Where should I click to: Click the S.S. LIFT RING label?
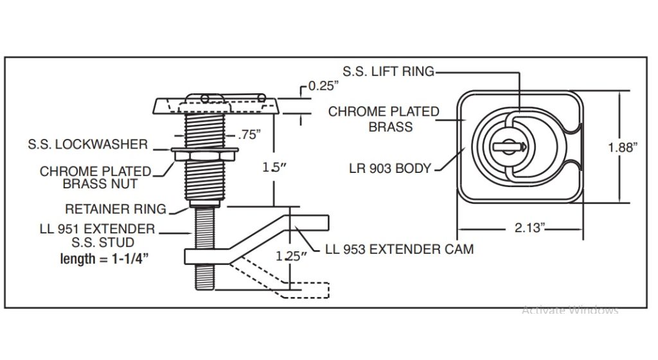click(x=388, y=72)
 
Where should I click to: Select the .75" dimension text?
click(x=249, y=135)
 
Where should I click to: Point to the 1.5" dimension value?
click(x=274, y=167)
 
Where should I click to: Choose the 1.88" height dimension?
click(x=622, y=147)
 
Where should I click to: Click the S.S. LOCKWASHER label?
click(x=87, y=145)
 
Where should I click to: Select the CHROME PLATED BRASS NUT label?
click(x=95, y=177)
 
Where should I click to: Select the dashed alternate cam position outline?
click(x=283, y=283)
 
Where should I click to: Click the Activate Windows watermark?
click(x=569, y=310)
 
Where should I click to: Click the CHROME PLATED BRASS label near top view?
click(x=384, y=119)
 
